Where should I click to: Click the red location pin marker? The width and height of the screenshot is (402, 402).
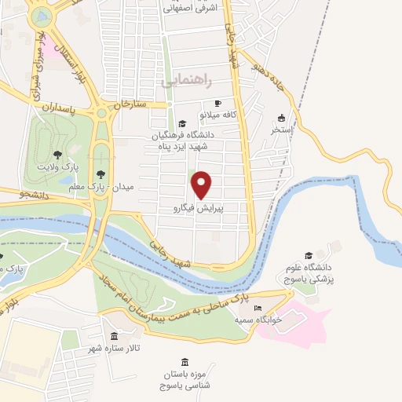203,185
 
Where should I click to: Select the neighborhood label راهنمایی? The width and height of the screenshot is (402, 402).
181,81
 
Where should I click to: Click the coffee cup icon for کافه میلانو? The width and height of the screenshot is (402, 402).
218,103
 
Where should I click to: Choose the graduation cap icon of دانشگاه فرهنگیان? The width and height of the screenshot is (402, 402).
183,123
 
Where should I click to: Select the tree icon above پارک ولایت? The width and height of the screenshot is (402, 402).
57,153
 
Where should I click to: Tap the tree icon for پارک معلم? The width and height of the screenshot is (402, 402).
99,174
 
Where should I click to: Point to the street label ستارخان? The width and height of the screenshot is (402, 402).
130,104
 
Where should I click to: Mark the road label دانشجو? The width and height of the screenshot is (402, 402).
32,194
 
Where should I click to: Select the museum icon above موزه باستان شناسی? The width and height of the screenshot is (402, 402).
185,361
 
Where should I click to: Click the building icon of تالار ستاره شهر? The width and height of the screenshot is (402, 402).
115,336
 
